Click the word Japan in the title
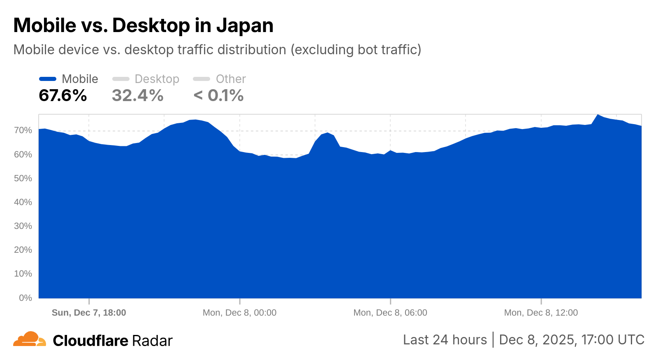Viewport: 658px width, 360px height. [x=245, y=25]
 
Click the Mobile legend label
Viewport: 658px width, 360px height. [x=80, y=79]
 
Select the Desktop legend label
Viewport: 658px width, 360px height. [x=157, y=79]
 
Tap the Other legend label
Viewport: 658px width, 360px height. [x=231, y=79]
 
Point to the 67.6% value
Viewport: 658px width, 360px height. [x=63, y=96]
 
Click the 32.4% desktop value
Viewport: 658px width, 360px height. [x=138, y=96]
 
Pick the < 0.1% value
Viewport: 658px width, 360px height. [x=218, y=96]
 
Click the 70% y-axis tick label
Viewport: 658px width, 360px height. [x=23, y=130]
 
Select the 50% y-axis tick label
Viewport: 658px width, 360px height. [x=23, y=178]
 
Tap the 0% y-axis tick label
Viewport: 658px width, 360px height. [x=25, y=298]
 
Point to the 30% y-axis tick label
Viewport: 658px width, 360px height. [x=23, y=226]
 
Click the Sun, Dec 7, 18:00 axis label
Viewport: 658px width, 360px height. [x=89, y=313]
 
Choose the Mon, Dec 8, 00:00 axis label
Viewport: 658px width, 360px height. [x=239, y=313]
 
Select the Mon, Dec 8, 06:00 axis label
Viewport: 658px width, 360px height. [x=390, y=313]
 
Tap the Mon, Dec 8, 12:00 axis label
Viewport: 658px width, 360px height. [x=541, y=313]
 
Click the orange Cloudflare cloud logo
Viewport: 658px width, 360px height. [x=29, y=339]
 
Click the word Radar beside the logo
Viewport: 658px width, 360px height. [x=152, y=341]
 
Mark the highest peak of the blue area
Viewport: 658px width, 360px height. [x=598, y=115]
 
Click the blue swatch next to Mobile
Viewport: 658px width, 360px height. [x=48, y=79]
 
